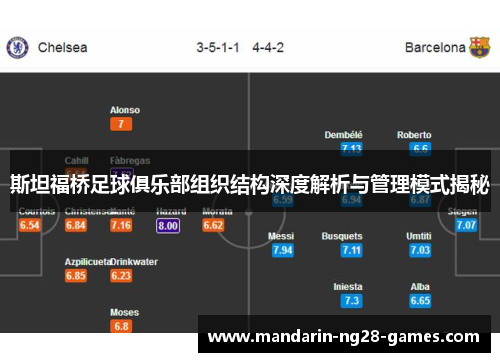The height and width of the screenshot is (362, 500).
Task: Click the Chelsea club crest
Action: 17,47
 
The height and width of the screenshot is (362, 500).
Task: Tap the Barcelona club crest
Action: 480,47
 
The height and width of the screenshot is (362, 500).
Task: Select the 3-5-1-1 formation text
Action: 218,47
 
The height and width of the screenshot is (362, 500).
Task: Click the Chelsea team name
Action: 62,47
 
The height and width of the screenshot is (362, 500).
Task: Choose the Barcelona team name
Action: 435,47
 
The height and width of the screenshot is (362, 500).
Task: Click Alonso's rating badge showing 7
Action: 122,124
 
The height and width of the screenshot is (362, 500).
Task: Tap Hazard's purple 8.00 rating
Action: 168,225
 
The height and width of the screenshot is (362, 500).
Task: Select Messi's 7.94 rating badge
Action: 282,250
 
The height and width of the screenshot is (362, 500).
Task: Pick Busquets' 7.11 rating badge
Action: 351,250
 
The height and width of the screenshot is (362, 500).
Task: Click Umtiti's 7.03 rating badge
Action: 420,250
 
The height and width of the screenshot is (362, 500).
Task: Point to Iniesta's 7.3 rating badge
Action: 351,300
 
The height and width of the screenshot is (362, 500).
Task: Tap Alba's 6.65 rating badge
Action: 420,300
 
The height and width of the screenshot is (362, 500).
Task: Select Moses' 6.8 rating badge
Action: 122,326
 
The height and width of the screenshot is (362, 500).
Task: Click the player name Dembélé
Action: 344,135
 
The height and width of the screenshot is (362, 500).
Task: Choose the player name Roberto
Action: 414,135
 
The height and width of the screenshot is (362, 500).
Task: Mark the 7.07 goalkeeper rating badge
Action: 466,225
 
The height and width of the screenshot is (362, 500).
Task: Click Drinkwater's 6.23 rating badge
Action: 122,275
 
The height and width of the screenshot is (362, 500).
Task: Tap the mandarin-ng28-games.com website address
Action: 343,336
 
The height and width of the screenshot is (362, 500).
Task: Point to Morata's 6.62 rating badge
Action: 214,225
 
